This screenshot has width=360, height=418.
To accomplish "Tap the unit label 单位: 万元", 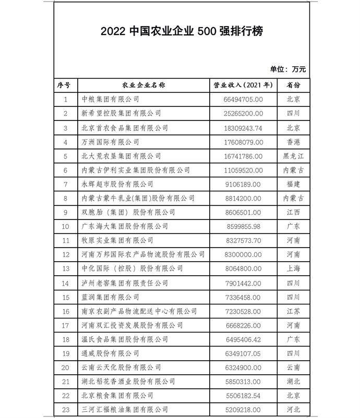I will click(x=287, y=68).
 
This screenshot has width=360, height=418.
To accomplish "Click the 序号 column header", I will click(x=66, y=84).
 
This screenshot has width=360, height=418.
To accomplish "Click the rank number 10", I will click(x=66, y=227).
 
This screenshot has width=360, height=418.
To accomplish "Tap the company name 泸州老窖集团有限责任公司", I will click(x=125, y=283).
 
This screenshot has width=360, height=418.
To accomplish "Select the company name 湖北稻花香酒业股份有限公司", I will click(x=129, y=382).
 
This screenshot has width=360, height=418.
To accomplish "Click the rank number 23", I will click(x=66, y=410).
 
